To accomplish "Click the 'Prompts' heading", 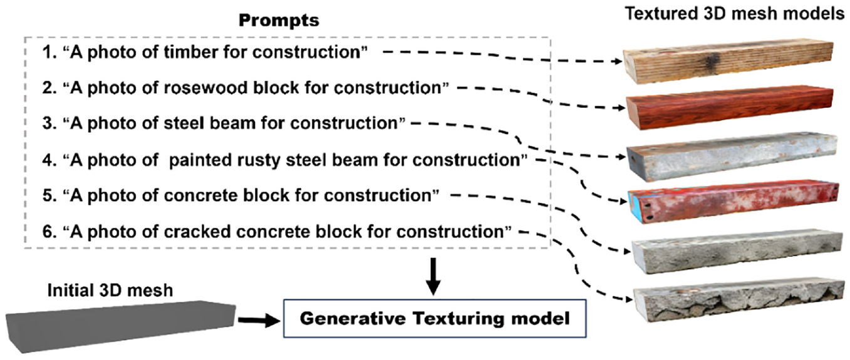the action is tap(279, 21).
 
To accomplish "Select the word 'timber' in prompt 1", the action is tap(191, 52).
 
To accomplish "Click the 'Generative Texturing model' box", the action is tap(435, 318).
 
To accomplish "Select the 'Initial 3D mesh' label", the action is tap(110, 291).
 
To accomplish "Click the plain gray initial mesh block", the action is tap(121, 325).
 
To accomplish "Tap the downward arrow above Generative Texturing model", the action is tap(433, 277).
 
